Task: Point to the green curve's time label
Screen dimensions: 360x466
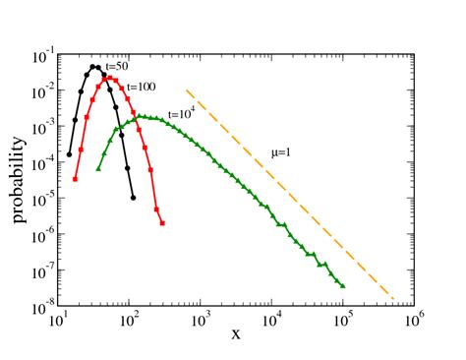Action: tap(180, 112)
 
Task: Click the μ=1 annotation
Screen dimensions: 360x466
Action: tap(283, 152)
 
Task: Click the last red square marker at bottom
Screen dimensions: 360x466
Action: tap(162, 223)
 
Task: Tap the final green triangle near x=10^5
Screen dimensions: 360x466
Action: tap(342, 285)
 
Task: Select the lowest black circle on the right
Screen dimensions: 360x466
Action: tap(132, 198)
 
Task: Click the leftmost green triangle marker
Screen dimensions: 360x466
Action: tap(98, 168)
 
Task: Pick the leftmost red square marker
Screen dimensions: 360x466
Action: tap(76, 178)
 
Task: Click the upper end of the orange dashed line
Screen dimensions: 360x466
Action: tap(187, 92)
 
